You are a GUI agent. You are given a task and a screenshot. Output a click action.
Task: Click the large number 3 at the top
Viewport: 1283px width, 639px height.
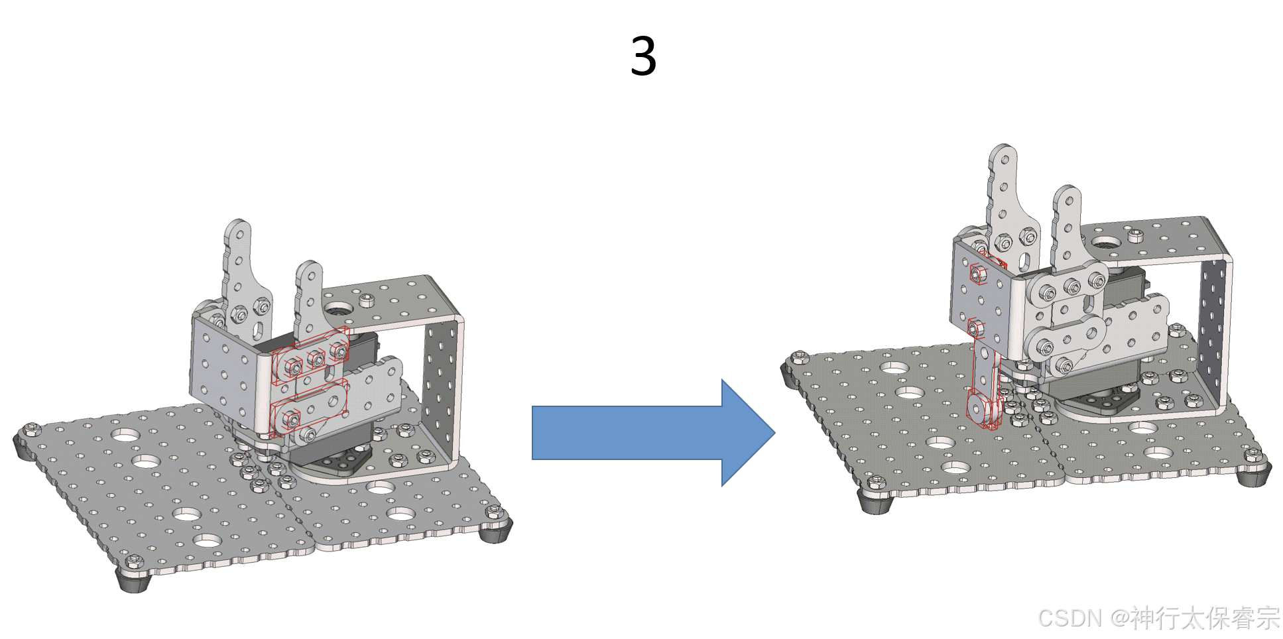pos(643,56)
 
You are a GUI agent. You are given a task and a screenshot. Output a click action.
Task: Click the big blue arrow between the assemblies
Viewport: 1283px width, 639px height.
pos(653,433)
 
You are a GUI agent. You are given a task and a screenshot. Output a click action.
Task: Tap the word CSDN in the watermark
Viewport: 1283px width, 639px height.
pos(1069,618)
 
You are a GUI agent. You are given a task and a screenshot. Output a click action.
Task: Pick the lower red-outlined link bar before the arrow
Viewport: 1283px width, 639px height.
pos(308,408)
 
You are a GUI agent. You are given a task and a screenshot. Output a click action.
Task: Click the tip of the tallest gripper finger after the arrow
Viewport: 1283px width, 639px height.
pos(1003,148)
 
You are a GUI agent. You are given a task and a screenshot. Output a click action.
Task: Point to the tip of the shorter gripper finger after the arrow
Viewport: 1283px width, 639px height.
pos(1068,189)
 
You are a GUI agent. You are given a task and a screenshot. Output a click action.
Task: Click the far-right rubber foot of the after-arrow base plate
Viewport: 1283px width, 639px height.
pos(1253,475)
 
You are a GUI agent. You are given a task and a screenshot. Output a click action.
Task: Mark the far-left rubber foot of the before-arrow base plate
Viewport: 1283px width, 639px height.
pos(25,448)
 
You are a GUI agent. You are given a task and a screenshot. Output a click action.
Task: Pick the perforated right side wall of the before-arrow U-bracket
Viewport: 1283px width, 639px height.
pos(443,391)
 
